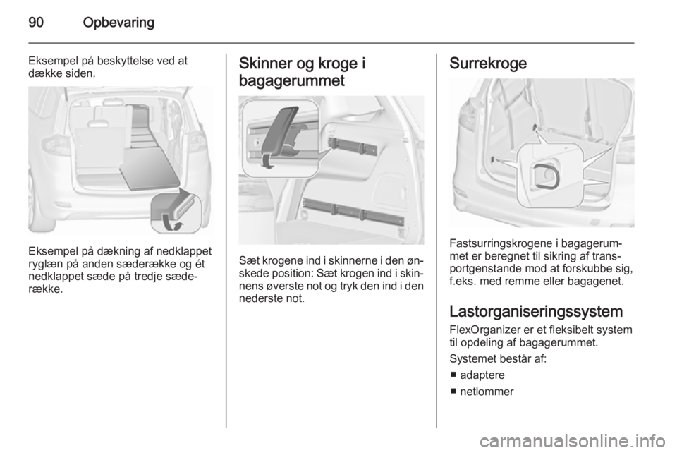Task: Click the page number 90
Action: click(x=36, y=23)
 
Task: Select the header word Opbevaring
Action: click(x=118, y=23)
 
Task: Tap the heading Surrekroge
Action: click(x=488, y=64)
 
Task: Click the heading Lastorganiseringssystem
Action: click(x=536, y=312)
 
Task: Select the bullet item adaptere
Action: click(x=482, y=375)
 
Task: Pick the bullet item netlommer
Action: click(x=487, y=392)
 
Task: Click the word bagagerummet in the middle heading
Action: click(x=292, y=81)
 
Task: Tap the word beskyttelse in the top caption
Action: click(x=119, y=61)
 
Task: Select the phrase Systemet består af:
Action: click(x=498, y=359)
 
